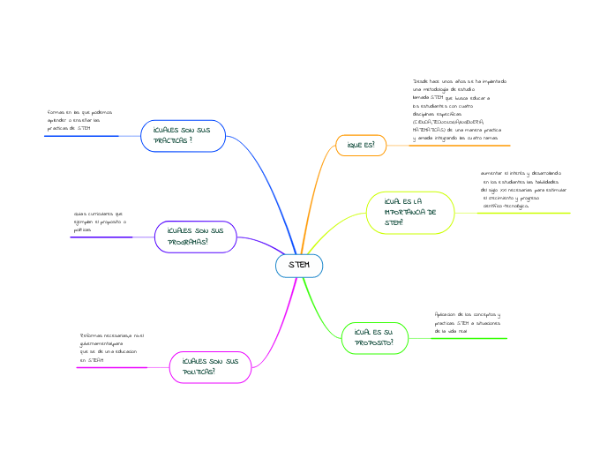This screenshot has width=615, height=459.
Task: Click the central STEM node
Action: tap(299, 265)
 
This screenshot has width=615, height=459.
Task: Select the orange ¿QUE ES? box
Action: tap(361, 145)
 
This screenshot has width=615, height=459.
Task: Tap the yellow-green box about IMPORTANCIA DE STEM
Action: tap(409, 212)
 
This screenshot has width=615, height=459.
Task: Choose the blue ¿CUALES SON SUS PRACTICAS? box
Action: tap(183, 134)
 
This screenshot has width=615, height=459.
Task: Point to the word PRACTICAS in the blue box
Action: tap(171, 140)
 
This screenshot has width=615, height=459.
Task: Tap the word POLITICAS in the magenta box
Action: tap(199, 372)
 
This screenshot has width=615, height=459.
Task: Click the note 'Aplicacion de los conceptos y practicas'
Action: tap(468, 321)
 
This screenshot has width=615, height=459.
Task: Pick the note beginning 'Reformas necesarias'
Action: tap(111, 348)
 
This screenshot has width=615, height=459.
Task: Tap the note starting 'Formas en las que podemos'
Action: tap(79, 120)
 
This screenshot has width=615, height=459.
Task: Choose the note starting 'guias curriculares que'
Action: tap(100, 222)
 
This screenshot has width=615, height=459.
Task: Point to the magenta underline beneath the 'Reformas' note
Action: tap(111, 367)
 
